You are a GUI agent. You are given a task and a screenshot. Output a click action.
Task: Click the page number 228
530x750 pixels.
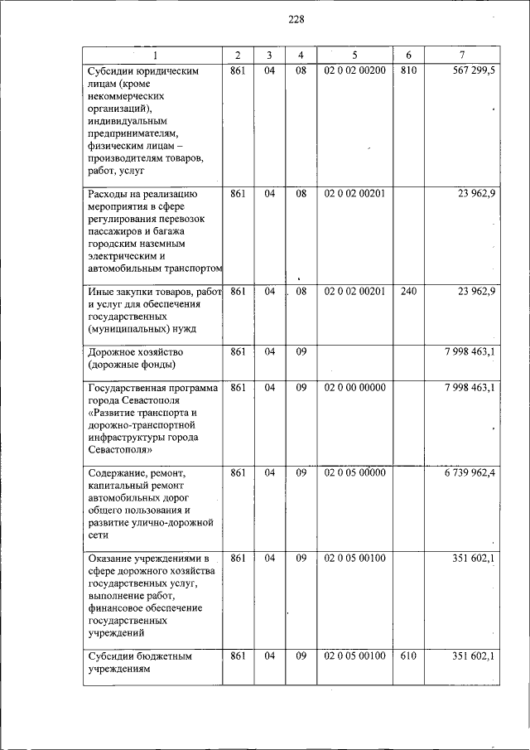coord(296,20)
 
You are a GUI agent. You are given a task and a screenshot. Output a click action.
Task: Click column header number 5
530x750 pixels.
coord(354,55)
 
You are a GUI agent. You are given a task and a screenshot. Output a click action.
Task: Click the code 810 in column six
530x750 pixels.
coord(407,71)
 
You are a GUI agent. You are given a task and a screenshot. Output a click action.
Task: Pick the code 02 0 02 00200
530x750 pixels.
coord(354,71)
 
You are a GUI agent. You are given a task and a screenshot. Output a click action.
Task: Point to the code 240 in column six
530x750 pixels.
coord(407,291)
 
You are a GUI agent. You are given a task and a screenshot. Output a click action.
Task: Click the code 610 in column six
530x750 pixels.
coord(407,656)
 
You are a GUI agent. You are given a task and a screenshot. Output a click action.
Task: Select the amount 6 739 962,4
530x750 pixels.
coord(469,473)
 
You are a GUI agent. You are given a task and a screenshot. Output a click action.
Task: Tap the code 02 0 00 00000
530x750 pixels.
coord(354,387)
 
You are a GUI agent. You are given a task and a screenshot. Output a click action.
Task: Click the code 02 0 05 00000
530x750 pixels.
coord(354,473)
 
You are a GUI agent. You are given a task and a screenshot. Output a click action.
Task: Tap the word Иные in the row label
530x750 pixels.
coord(101,291)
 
